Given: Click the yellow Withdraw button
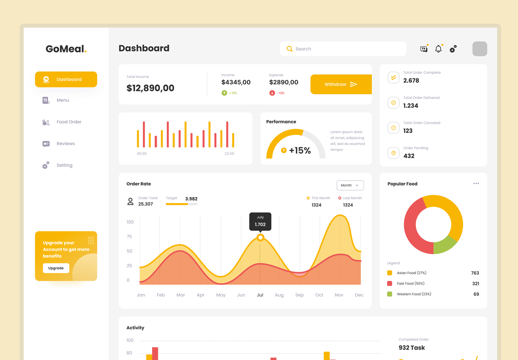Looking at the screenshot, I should pyautogui.click(x=341, y=84).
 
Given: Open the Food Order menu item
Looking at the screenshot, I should pyautogui.click(x=69, y=122).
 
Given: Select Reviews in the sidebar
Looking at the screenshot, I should pyautogui.click(x=65, y=144).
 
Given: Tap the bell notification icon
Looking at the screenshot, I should pyautogui.click(x=438, y=49).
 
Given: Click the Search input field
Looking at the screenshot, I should pyautogui.click(x=343, y=49).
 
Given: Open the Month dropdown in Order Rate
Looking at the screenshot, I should pyautogui.click(x=350, y=185).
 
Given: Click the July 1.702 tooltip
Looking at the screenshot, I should pyautogui.click(x=260, y=221).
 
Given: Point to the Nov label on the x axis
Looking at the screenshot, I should pyautogui.click(x=339, y=295).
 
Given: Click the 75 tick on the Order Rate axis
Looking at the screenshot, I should pyautogui.click(x=129, y=237).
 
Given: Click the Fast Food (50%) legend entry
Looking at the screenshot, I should pyautogui.click(x=410, y=283).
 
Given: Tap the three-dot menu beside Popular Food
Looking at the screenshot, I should pyautogui.click(x=476, y=183).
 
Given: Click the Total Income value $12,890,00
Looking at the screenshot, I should pyautogui.click(x=150, y=88).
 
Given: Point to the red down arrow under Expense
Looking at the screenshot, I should pyautogui.click(x=272, y=93).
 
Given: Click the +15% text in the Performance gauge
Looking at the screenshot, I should pyautogui.click(x=300, y=150).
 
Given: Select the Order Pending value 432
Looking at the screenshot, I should pyautogui.click(x=409, y=156).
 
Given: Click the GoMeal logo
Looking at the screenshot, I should pyautogui.click(x=66, y=49).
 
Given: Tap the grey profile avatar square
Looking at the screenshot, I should pyautogui.click(x=479, y=49).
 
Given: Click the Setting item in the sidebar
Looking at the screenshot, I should pyautogui.click(x=64, y=165).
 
